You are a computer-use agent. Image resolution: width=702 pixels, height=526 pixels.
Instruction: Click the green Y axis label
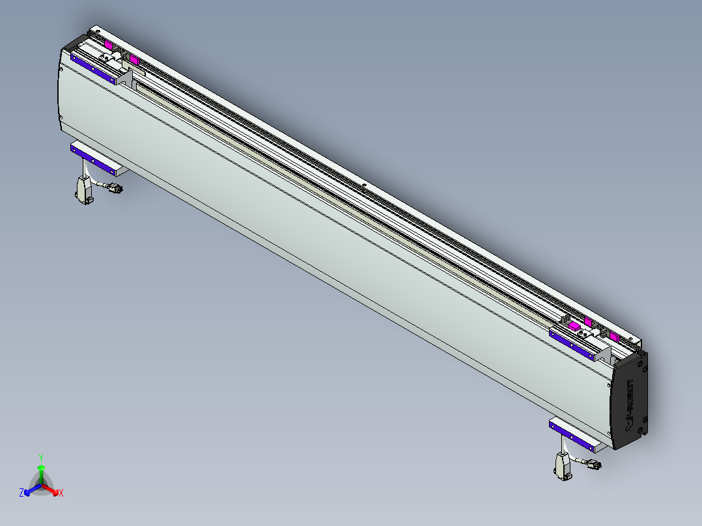pyautogui.click(x=40, y=458)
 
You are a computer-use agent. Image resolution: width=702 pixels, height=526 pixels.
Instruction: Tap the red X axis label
pyautogui.click(x=61, y=493)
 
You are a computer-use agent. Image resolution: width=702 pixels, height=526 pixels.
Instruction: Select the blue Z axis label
pyautogui.click(x=21, y=493)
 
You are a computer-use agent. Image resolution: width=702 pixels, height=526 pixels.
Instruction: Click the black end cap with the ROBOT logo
pyautogui.click(x=630, y=400)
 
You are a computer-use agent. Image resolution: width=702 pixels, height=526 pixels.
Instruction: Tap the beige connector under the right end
pyautogui.click(x=562, y=467)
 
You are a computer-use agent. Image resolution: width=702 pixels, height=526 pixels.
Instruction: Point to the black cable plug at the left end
pyautogui.click(x=113, y=189)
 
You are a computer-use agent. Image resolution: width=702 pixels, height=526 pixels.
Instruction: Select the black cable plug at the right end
pyautogui.click(x=593, y=465)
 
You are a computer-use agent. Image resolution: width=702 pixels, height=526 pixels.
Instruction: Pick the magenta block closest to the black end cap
pyautogui.click(x=614, y=337)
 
